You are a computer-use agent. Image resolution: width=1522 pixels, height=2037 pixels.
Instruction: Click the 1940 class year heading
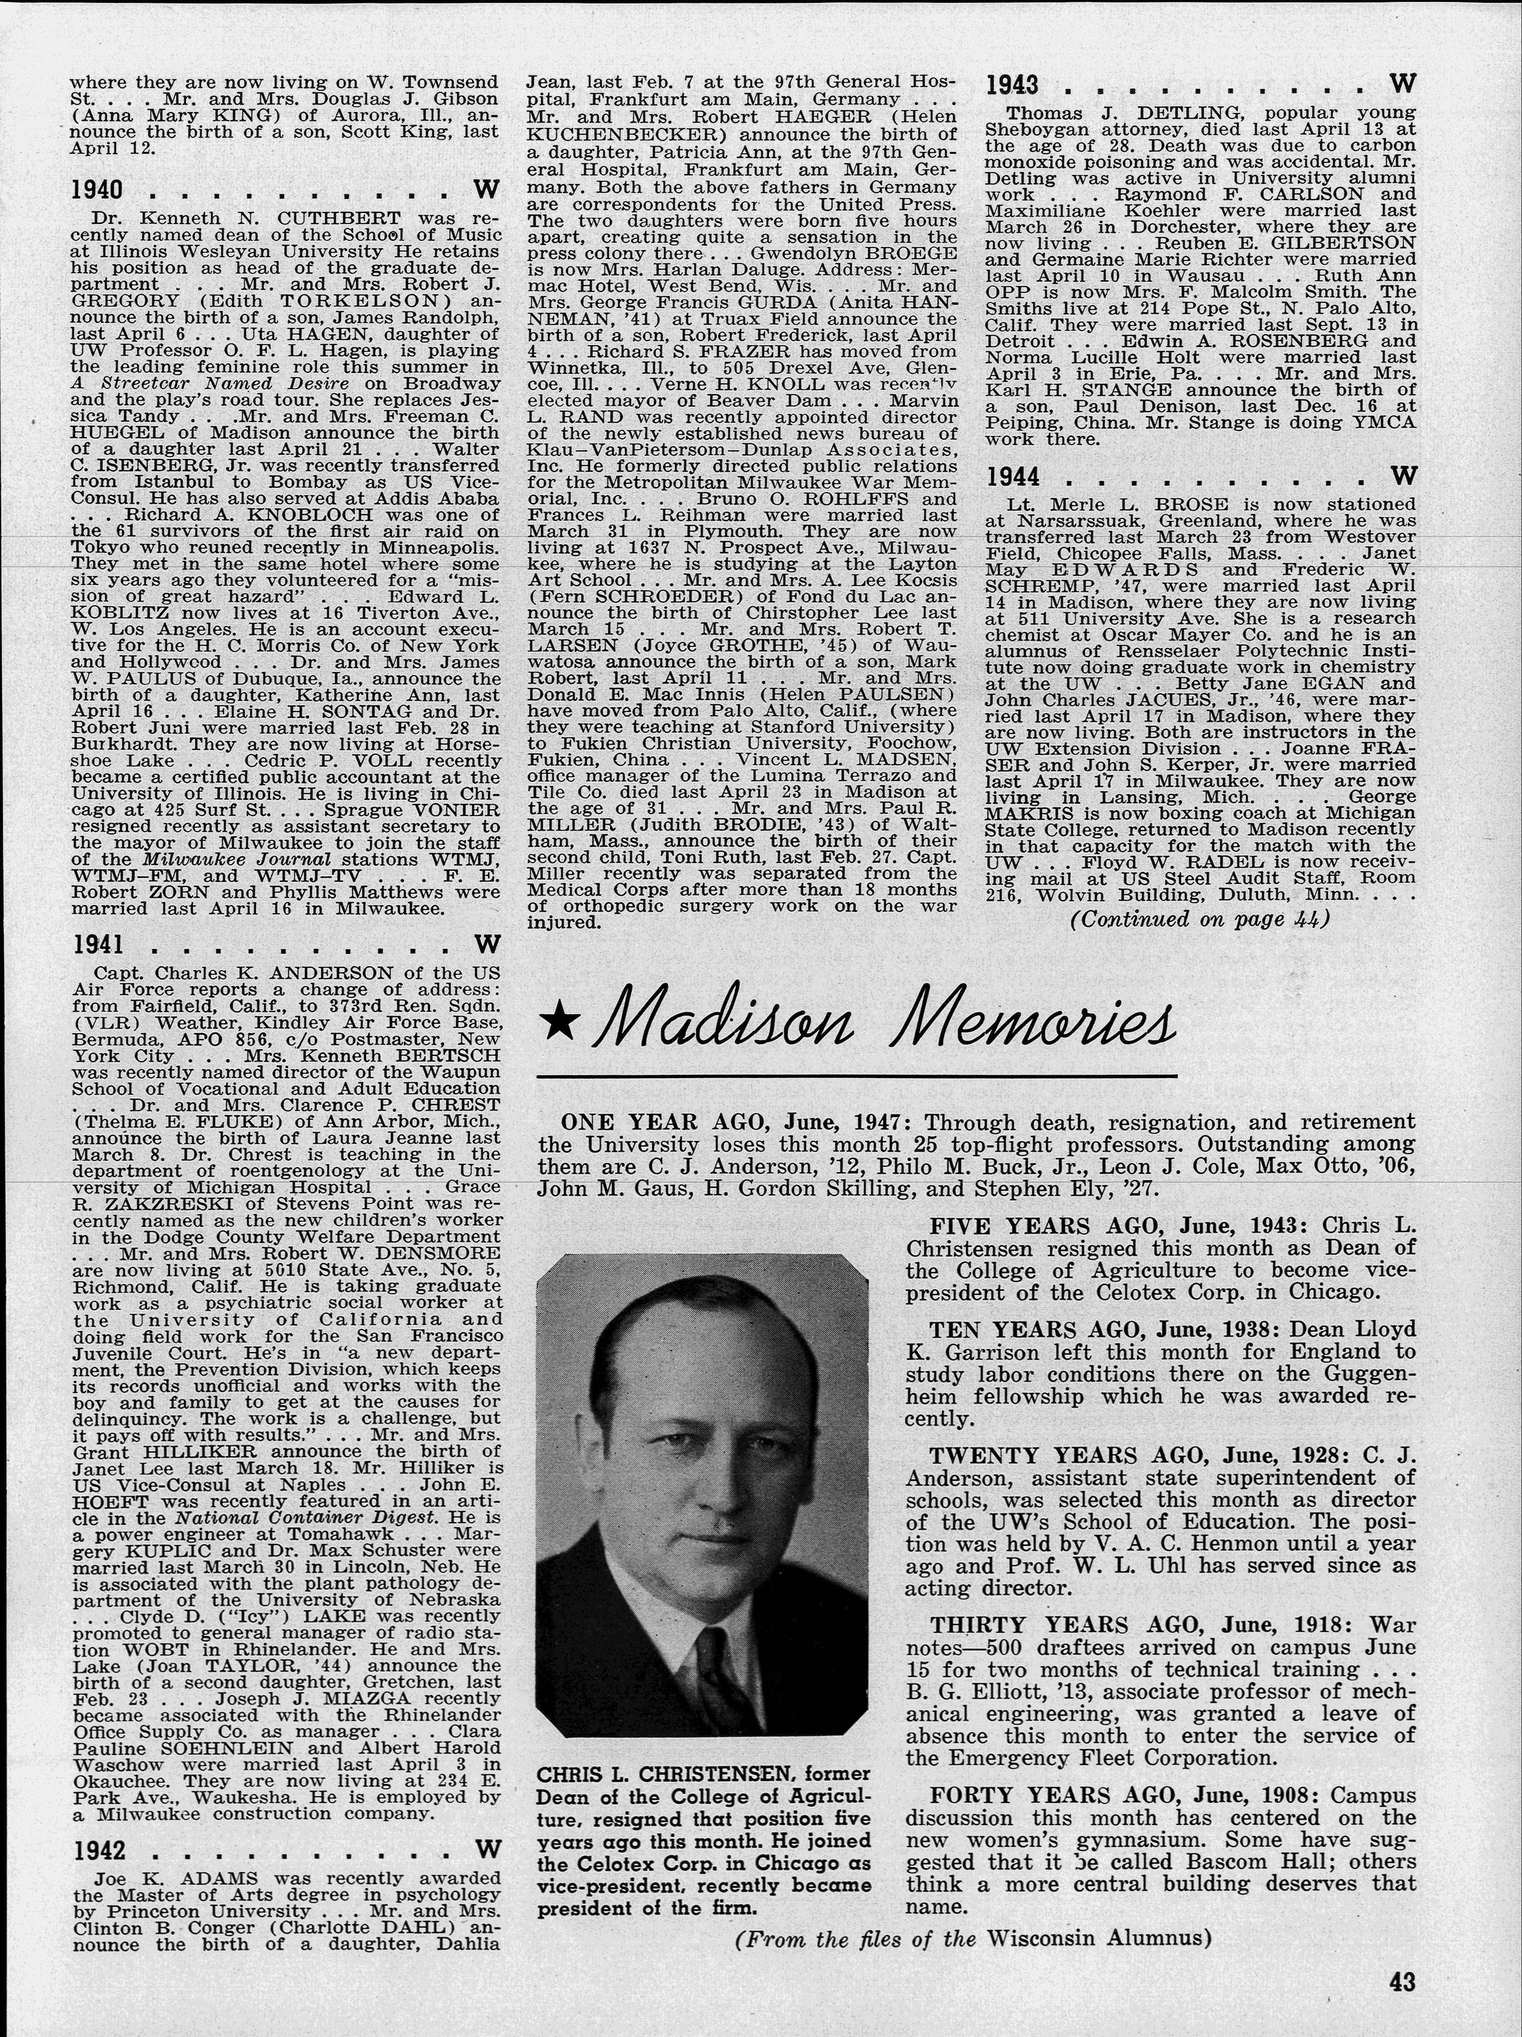98,191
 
